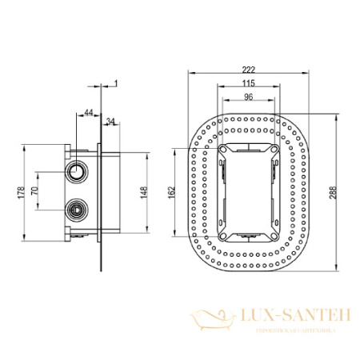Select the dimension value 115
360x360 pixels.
point(249,84)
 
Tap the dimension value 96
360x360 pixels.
point(249,97)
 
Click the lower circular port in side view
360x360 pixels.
point(78,209)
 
